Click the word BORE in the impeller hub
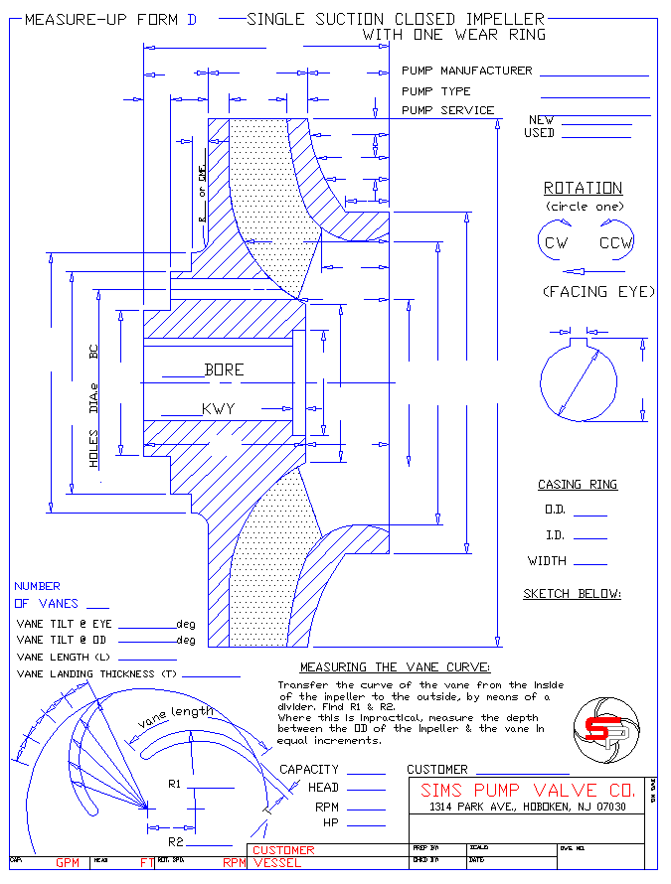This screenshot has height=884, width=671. click(x=224, y=369)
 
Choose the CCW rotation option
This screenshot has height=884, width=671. click(x=616, y=242)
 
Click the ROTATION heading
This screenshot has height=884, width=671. click(x=583, y=188)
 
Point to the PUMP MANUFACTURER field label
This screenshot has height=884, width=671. click(x=466, y=71)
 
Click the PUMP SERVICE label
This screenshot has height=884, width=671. click(x=447, y=110)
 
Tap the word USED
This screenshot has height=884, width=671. click(x=539, y=132)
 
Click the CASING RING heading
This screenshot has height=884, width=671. click(x=578, y=485)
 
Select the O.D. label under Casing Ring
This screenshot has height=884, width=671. click(x=555, y=510)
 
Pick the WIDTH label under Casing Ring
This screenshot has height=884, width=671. click(x=548, y=561)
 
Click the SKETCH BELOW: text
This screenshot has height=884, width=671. click(x=572, y=594)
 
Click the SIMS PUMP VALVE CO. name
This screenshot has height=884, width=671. click(x=526, y=791)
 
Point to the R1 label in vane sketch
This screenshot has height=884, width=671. click(x=174, y=785)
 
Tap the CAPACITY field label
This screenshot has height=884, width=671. click(x=309, y=769)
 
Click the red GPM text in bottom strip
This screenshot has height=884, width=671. click(x=68, y=863)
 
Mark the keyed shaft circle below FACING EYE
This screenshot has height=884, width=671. click(x=578, y=381)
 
